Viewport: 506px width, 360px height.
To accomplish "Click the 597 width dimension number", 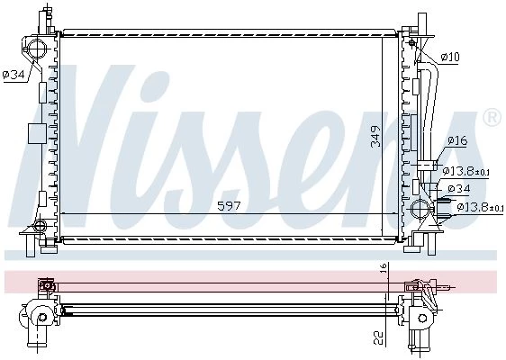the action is pos(229,206).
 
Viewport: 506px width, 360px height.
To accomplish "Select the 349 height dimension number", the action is pos(375,137).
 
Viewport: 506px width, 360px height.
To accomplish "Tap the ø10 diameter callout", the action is pos(450,57).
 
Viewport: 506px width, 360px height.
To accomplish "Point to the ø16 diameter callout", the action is pos(457,140).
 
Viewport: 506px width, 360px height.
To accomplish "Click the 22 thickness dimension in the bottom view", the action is pos(380,337).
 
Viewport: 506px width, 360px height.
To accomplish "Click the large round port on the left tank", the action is pos(36,49).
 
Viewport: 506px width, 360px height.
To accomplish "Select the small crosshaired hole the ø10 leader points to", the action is pos(411,42).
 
